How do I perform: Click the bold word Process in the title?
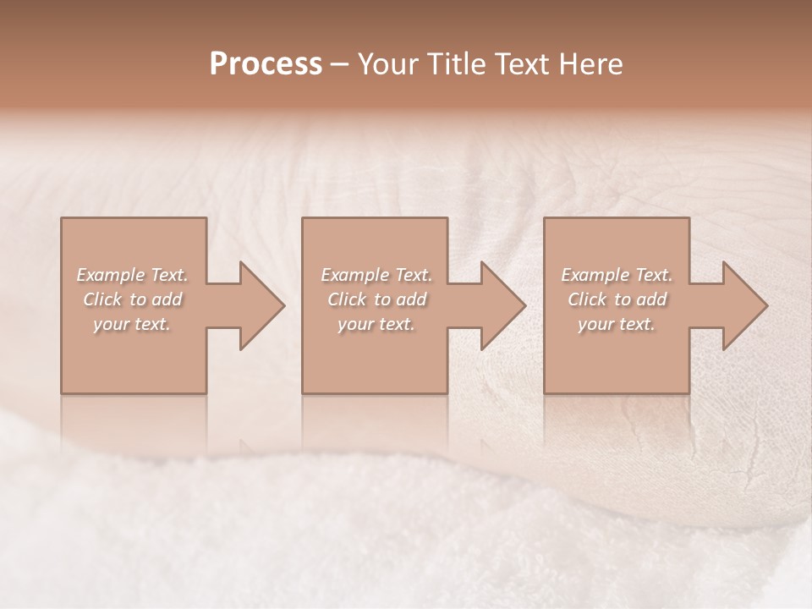click(266, 64)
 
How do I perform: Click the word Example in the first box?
click(111, 275)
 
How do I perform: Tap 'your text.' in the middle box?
click(376, 324)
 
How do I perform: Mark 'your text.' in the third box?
click(616, 324)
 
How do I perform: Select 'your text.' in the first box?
click(131, 324)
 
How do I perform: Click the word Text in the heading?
click(524, 64)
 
